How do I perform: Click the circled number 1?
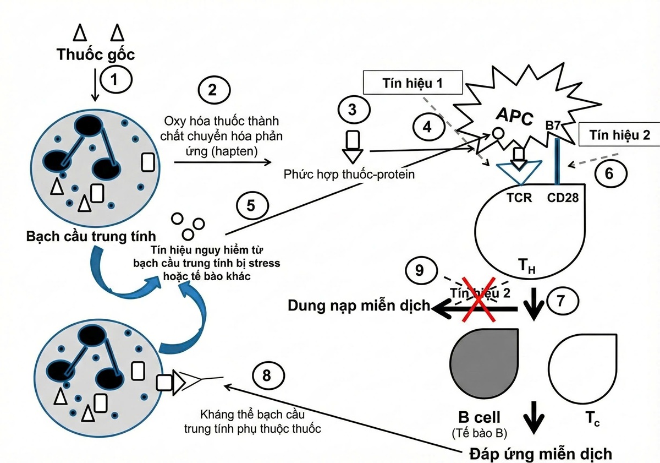click(x=114, y=80)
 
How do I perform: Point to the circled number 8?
click(x=267, y=377)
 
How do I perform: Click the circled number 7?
click(x=561, y=301)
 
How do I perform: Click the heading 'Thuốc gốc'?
click(x=96, y=54)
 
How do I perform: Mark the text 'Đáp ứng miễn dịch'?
click(x=541, y=454)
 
